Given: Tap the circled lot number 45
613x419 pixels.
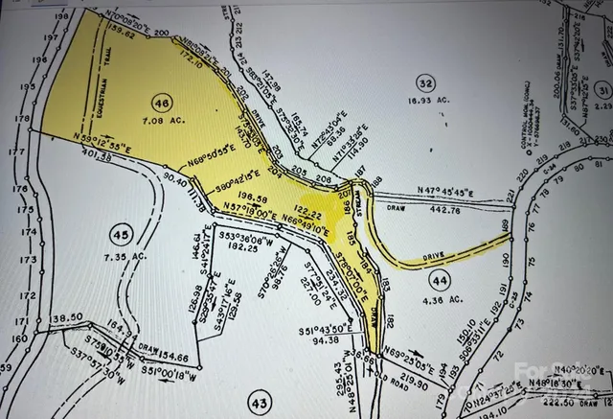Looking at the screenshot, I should click(120, 236).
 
